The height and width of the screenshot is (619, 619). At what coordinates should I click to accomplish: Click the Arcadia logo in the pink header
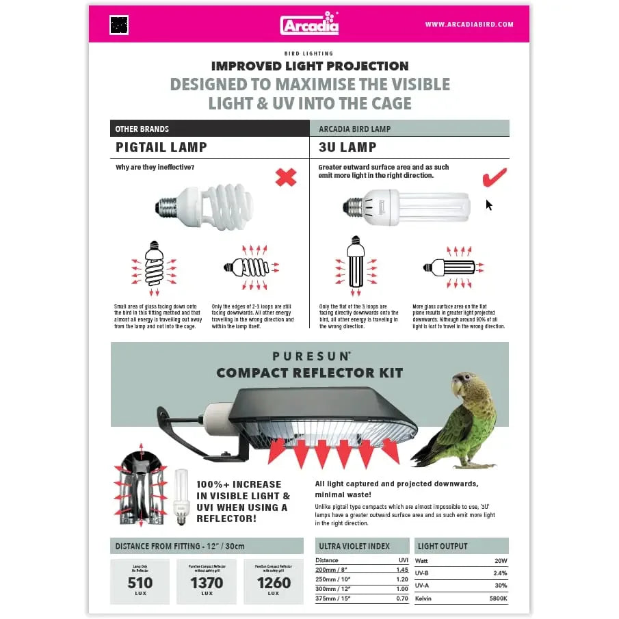[309, 24]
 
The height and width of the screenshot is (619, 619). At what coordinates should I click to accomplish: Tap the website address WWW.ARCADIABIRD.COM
[469, 25]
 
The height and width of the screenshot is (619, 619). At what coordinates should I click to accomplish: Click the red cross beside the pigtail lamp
[286, 178]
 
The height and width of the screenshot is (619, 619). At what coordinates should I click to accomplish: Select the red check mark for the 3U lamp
[494, 177]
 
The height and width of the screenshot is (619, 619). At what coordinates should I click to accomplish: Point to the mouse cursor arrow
[489, 205]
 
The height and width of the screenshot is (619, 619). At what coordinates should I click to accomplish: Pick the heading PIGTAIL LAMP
[161, 147]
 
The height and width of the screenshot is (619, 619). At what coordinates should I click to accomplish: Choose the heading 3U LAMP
[347, 147]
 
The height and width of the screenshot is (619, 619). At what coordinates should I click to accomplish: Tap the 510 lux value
[140, 583]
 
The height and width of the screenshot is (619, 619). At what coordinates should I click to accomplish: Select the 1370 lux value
[207, 583]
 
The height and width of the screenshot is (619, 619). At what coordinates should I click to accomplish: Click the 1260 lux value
[274, 583]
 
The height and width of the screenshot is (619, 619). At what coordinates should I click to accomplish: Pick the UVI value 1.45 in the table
[402, 570]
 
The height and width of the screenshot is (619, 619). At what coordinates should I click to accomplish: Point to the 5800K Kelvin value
[497, 599]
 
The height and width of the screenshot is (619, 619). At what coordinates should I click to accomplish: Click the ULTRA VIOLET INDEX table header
[354, 546]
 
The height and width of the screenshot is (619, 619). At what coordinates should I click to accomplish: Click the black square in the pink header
[119, 25]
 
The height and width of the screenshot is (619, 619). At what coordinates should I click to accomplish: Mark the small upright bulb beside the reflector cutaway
[181, 497]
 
